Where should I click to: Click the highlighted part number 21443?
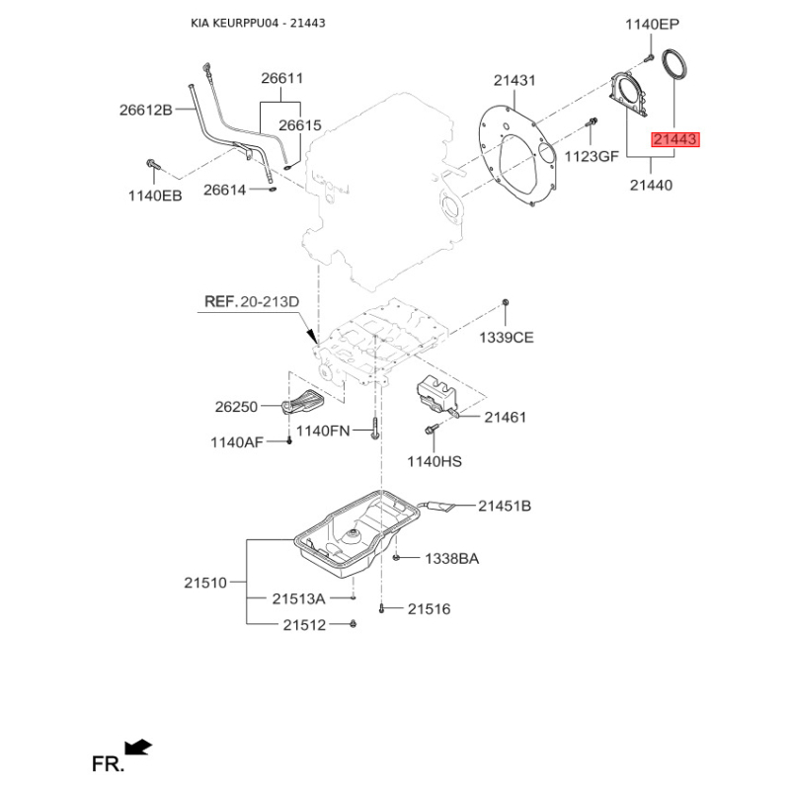tap(674, 140)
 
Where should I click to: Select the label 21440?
tap(648, 184)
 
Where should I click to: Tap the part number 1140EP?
tap(653, 25)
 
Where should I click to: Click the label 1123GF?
tap(591, 155)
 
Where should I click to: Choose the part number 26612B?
tap(146, 110)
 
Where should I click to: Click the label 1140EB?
tap(155, 197)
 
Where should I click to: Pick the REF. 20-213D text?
tap(251, 300)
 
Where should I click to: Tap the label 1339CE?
tap(506, 338)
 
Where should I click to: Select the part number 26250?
tap(235, 406)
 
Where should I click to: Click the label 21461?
tap(505, 418)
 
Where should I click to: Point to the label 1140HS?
tap(434, 461)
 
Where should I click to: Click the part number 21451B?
tap(505, 507)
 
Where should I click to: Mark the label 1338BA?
tap(451, 559)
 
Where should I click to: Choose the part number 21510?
tap(204, 584)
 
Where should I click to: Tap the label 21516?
tap(429, 610)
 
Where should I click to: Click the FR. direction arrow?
tap(138, 748)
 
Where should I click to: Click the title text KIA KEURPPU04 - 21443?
tap(258, 23)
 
